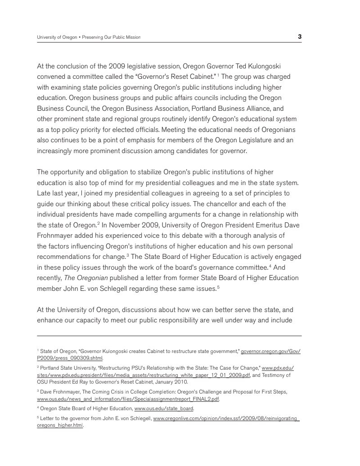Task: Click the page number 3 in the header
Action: [x=300, y=36]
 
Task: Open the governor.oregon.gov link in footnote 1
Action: [x=271, y=351]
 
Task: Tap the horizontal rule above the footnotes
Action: [x=169, y=335]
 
